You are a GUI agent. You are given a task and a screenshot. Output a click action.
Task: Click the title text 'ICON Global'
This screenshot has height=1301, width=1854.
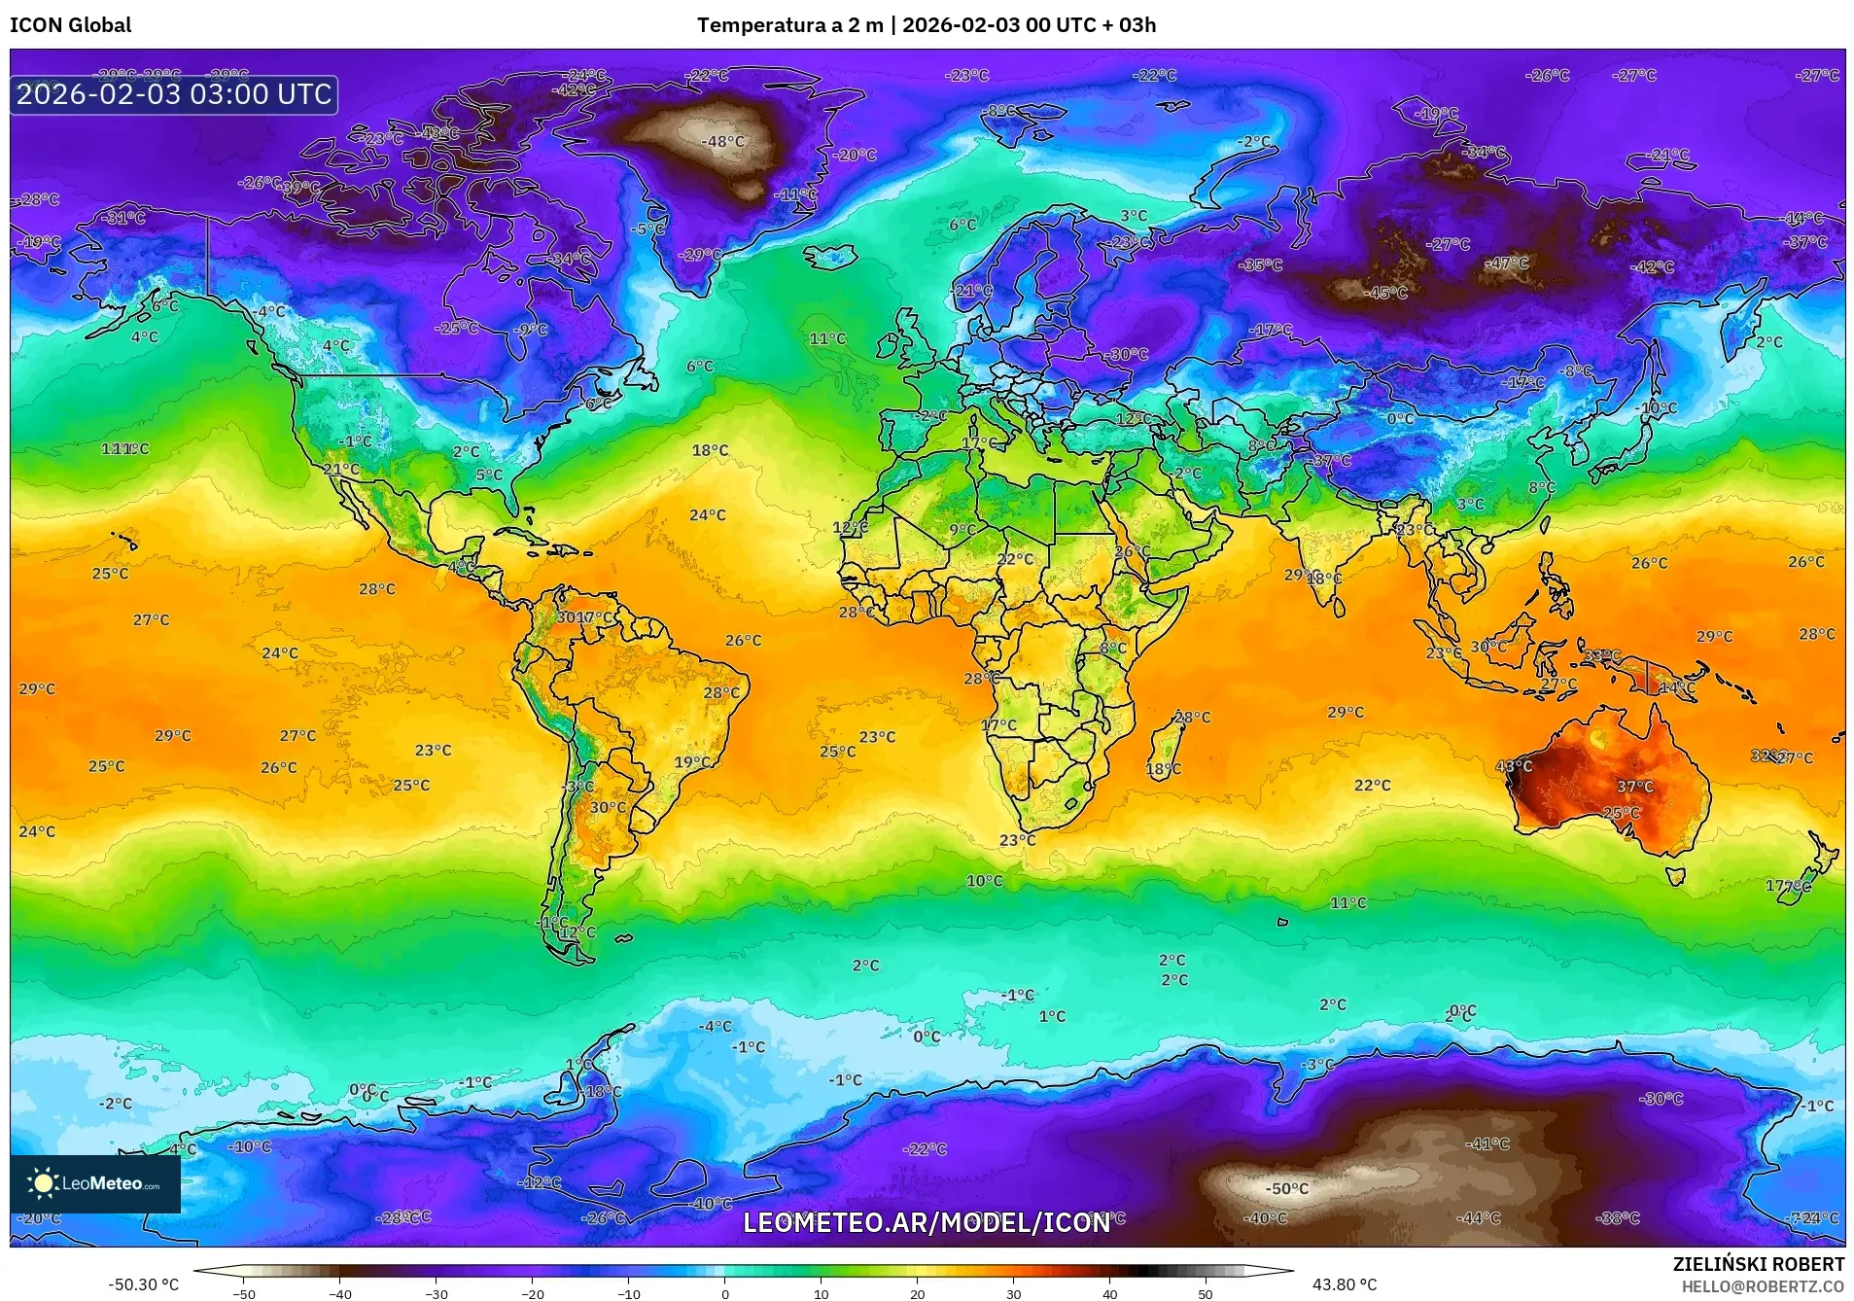point(70,25)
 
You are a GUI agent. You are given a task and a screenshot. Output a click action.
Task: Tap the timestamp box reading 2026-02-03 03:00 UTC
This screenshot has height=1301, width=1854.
point(174,94)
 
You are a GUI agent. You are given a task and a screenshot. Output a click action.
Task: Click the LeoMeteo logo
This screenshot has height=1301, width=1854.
point(95,1183)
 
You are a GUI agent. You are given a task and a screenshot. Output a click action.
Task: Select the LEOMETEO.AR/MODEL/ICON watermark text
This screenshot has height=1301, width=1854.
point(926,1222)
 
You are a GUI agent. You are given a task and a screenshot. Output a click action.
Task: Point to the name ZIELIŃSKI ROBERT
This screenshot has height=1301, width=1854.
point(1758,1264)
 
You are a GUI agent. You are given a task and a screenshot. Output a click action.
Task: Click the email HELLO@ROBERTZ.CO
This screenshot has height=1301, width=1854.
point(1763,1286)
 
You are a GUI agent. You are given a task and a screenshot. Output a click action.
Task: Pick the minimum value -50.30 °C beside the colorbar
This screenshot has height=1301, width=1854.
point(143,1284)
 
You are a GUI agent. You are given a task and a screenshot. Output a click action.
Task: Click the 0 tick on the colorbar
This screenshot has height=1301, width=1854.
point(724,1292)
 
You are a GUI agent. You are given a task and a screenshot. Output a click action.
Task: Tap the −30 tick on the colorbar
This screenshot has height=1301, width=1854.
point(437,1292)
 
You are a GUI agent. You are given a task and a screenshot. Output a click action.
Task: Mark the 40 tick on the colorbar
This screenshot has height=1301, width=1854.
point(1109,1292)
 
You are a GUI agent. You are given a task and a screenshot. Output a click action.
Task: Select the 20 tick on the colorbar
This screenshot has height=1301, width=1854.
point(917,1292)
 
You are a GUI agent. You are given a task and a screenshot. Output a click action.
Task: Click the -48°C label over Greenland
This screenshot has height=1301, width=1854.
point(723,142)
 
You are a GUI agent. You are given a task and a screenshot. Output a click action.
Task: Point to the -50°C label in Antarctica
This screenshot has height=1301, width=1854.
point(1287,1188)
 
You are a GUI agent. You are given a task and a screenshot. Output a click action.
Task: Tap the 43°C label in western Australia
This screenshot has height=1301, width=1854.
point(1514,766)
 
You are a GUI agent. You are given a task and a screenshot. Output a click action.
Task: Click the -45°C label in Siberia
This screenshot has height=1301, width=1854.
point(1385,293)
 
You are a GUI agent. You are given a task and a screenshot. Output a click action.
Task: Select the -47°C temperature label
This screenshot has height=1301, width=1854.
point(1507,263)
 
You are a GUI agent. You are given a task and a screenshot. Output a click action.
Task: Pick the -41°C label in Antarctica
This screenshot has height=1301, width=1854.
point(1488,1143)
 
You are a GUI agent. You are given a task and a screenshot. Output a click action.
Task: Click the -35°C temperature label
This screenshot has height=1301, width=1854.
point(1261,264)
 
